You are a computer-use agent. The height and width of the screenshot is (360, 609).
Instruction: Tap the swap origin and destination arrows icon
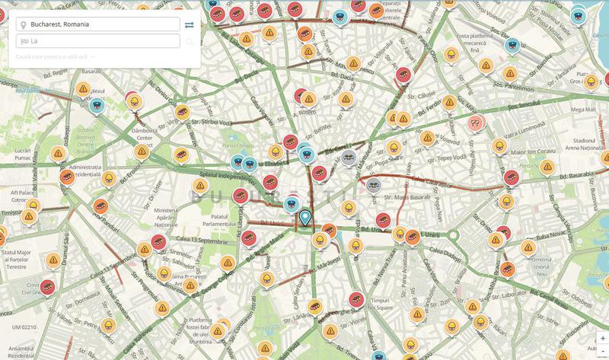(x=189, y=25)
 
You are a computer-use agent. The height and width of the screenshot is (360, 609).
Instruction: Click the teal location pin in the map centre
(x=305, y=218)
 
